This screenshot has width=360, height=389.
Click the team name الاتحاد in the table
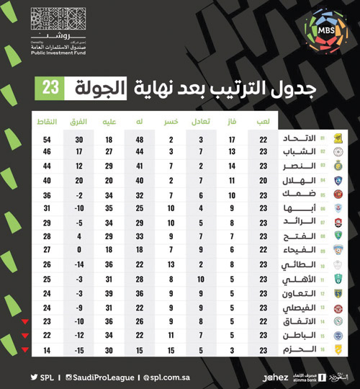tap(298, 139)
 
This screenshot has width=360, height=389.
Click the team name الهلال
tap(298, 180)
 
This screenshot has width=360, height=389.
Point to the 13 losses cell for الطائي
tap(171, 265)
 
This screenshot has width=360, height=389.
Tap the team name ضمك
tap(298, 194)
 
